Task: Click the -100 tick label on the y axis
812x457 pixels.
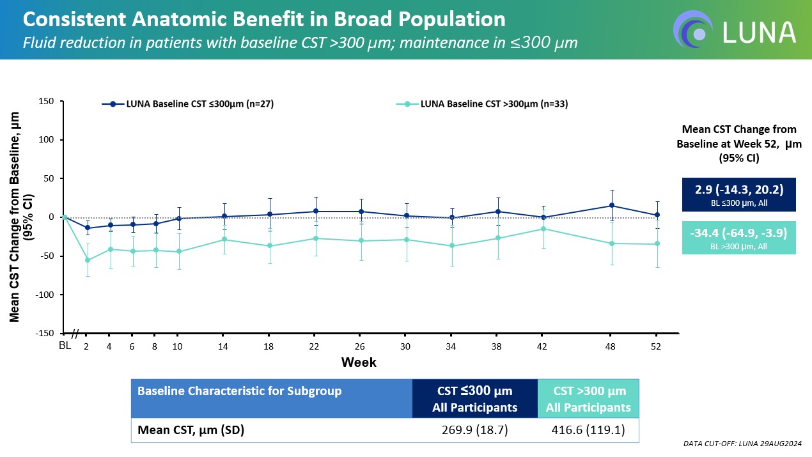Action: (x=45, y=295)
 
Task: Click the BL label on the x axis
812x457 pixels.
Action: (x=64, y=346)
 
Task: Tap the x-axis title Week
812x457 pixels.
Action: (x=359, y=362)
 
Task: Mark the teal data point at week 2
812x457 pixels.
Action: (x=87, y=260)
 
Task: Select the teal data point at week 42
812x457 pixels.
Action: (x=543, y=229)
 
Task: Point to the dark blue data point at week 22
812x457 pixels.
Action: (x=315, y=212)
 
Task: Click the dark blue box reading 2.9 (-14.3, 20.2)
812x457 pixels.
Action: (x=738, y=194)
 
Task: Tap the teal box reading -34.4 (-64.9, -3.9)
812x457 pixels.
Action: (x=738, y=237)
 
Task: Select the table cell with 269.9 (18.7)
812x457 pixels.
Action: (x=475, y=430)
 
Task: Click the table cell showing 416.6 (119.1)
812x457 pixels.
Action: (x=588, y=430)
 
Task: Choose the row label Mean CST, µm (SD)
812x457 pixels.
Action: (x=191, y=430)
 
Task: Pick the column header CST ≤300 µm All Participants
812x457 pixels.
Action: (x=475, y=399)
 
